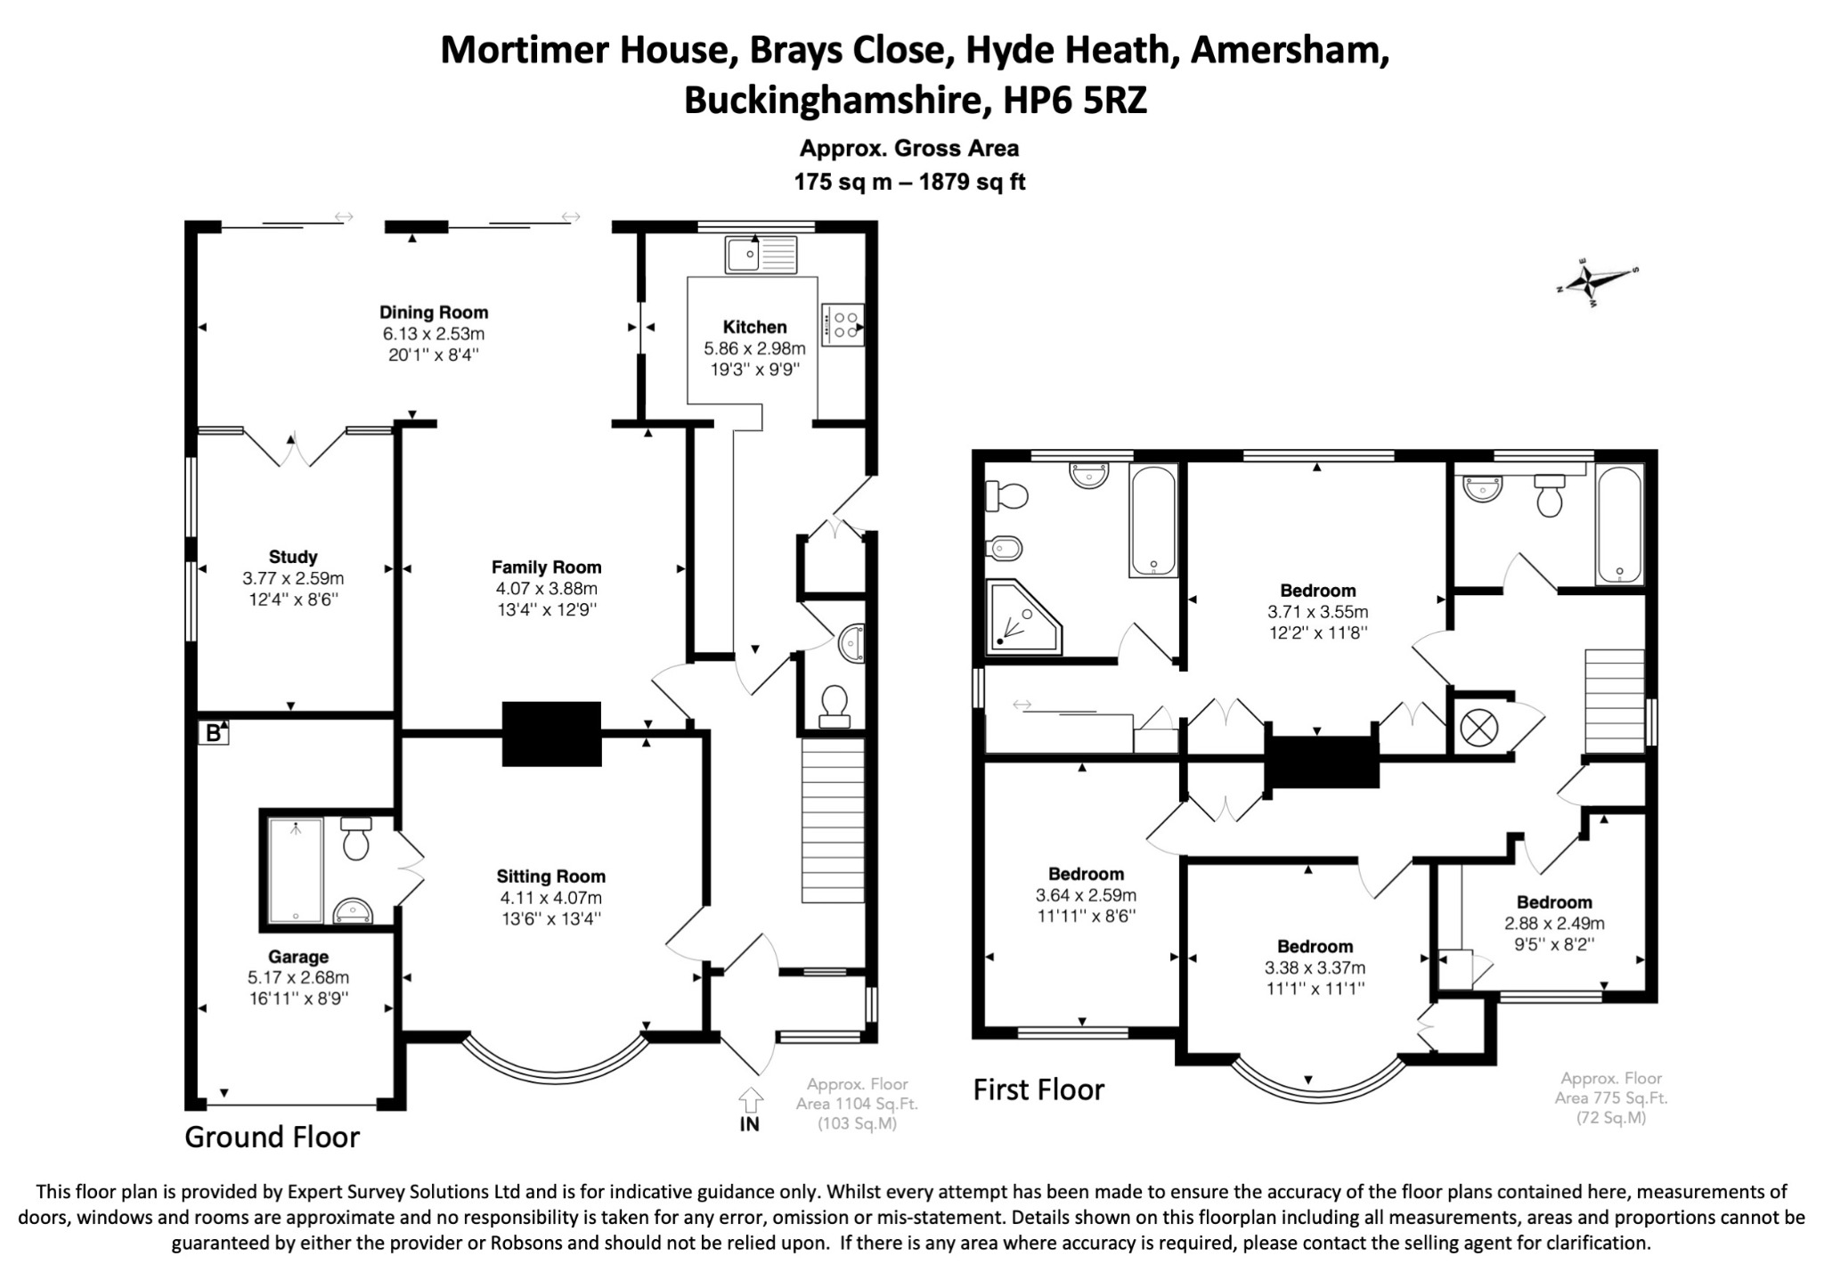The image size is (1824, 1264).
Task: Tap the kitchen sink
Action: point(761,254)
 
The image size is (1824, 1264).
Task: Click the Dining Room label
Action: point(434,313)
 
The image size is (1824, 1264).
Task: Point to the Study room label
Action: point(293,558)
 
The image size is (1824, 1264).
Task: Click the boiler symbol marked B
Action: point(213,733)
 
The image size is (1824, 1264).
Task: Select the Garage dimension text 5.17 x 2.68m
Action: point(298,978)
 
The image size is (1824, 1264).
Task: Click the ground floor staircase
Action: point(834,820)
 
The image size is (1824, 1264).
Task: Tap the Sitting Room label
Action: point(551,877)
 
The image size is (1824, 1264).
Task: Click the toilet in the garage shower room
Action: point(356,838)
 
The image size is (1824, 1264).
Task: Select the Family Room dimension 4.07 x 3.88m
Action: point(547,589)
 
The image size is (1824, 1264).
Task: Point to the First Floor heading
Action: point(1038,1089)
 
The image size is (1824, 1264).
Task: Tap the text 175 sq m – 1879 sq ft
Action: point(909,183)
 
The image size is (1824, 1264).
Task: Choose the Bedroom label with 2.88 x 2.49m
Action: point(1555,902)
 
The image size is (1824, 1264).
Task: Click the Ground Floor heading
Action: point(272,1138)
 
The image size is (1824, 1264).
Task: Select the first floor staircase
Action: point(1615,702)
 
